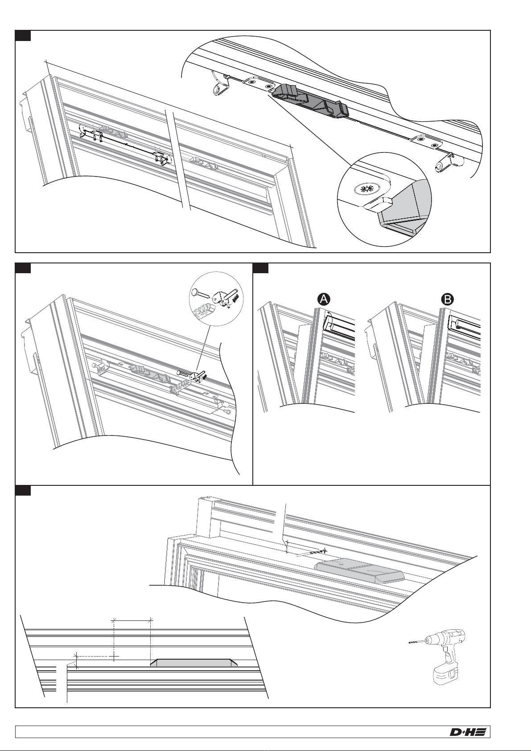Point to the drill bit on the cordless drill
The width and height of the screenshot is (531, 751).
click(x=416, y=642)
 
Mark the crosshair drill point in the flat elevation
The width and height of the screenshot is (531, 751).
click(x=114, y=654)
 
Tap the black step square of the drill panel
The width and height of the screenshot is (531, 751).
click(x=23, y=491)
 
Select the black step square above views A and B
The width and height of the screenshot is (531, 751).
click(x=261, y=268)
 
